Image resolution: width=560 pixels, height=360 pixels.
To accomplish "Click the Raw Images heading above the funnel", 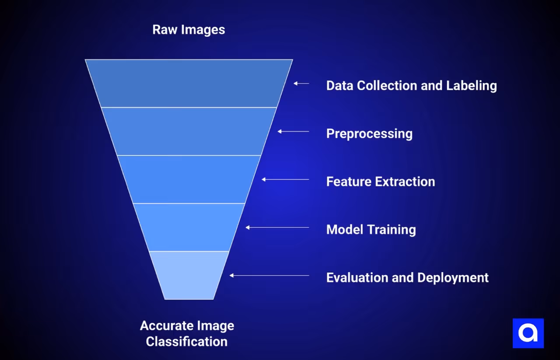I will [x=189, y=30].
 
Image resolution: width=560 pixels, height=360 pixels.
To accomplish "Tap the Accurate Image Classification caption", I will [x=187, y=333].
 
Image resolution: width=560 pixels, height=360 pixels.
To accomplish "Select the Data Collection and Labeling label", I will [x=411, y=85].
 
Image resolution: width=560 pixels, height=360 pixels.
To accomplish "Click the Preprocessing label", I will [x=369, y=133].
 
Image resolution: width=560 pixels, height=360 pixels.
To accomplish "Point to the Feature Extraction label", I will [x=381, y=182].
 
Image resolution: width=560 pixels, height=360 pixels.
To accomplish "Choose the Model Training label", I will [x=371, y=230].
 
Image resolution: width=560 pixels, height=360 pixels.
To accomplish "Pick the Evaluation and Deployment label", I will [x=407, y=278].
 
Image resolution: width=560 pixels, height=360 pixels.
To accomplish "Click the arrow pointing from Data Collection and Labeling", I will [x=301, y=83].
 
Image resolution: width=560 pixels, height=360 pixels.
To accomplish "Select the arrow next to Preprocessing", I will [x=293, y=131].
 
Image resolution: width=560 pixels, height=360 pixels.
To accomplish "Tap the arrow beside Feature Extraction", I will [x=285, y=179].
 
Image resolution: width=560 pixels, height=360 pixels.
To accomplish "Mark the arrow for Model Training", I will [x=277, y=227].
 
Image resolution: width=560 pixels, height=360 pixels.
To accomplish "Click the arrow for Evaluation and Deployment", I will [x=269, y=276].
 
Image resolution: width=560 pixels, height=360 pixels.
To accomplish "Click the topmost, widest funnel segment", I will [x=189, y=83].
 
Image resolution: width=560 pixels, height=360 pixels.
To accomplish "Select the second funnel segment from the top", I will [x=189, y=131].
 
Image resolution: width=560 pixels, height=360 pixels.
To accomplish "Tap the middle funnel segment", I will [x=189, y=179].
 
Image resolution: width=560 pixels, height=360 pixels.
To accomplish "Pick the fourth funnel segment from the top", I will [x=189, y=227].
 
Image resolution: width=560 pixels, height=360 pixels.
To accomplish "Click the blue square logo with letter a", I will [x=528, y=333].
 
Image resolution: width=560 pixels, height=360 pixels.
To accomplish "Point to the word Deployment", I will [x=453, y=278].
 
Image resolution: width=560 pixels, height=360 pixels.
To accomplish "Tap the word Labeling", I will [x=471, y=85].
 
